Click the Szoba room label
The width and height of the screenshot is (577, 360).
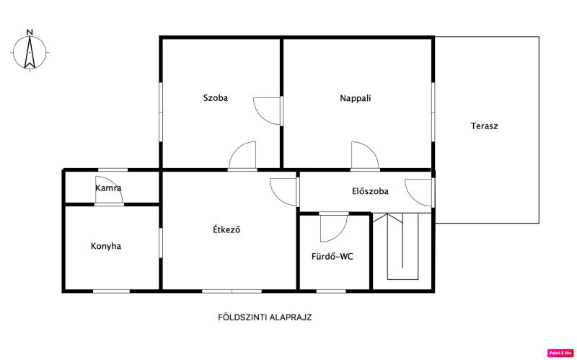[215, 98]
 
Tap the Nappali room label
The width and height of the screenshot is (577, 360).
[355, 99]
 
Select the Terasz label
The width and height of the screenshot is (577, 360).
[484, 126]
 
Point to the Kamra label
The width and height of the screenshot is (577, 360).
[108, 188]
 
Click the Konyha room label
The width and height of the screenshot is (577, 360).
[106, 246]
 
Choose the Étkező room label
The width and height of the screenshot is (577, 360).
[226, 229]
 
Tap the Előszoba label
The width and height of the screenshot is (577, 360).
[370, 191]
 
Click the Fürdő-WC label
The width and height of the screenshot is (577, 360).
[332, 257]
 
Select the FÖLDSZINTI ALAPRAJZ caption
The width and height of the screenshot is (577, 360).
[265, 317]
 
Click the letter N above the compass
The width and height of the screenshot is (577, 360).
[30, 32]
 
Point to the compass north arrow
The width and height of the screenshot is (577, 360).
[30, 52]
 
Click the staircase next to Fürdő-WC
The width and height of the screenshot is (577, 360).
[402, 246]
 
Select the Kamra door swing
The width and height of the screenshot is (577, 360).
[109, 190]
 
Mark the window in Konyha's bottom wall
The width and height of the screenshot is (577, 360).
[111, 291]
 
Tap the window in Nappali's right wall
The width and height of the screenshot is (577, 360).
[433, 112]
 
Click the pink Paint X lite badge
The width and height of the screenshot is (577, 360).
[561, 354]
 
